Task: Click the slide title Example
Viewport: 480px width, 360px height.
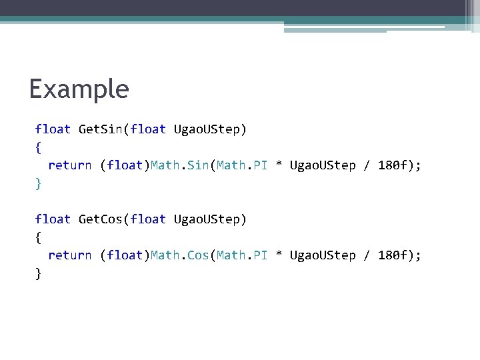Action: [x=79, y=89]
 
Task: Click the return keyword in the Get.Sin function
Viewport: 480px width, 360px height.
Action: [x=69, y=165]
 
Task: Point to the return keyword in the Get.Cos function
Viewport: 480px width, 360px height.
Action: [x=69, y=255]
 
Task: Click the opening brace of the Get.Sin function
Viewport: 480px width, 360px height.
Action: [x=38, y=147]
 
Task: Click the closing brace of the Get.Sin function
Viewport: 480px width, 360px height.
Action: [x=38, y=183]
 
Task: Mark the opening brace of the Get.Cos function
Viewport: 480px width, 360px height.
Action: [x=38, y=238]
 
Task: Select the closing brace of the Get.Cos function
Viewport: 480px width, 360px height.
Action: [x=38, y=273]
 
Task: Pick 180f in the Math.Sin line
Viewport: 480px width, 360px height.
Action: [x=393, y=165]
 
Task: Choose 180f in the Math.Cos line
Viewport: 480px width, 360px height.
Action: [x=393, y=255]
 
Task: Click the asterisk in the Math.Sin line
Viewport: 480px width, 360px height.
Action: [x=279, y=165]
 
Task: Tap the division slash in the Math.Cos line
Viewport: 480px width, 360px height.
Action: [x=367, y=255]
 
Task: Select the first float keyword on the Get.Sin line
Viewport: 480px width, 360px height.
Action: [x=53, y=129]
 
